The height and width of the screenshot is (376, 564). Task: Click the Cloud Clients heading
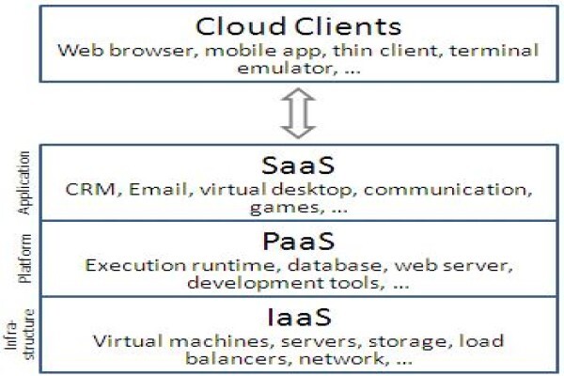(298, 26)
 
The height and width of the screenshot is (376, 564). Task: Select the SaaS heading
(298, 165)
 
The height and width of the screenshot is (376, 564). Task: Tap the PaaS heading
(299, 241)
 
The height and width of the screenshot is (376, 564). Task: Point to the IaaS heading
(299, 317)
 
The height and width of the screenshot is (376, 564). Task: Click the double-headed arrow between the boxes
(298, 113)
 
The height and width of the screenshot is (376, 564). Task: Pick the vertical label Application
(23, 182)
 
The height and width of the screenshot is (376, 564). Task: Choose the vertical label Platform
(24, 258)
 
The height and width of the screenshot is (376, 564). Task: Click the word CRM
(89, 189)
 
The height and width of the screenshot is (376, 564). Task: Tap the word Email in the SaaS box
(158, 189)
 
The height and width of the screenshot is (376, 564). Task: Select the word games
(285, 208)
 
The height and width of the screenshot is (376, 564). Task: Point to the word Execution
(135, 265)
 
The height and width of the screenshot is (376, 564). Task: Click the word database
(335, 265)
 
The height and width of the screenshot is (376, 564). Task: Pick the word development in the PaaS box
(256, 283)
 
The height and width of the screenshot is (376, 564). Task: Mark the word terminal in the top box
(493, 50)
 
